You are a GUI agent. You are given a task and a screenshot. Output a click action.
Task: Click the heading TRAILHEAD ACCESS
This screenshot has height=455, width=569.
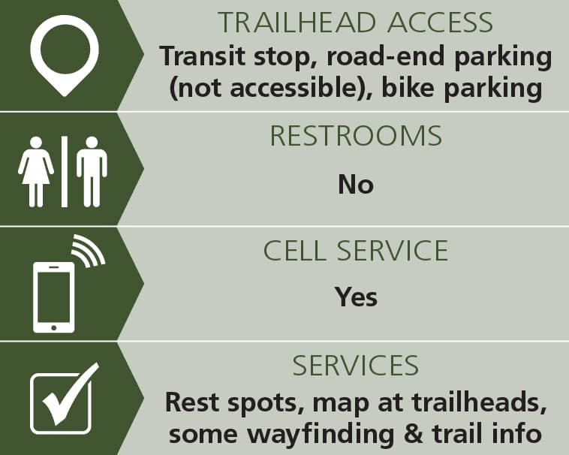click(355, 23)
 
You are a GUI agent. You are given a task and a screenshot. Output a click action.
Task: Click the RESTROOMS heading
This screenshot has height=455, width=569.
click(356, 136)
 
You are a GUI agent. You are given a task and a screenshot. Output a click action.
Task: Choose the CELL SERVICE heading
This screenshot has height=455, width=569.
click(356, 250)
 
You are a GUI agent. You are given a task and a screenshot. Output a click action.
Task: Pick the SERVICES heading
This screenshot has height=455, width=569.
click(356, 366)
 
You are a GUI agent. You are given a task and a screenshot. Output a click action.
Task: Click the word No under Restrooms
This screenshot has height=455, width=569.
click(356, 184)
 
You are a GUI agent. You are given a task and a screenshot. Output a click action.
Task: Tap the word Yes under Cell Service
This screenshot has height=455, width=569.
click(356, 297)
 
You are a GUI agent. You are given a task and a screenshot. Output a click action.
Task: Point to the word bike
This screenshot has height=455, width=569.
click(408, 88)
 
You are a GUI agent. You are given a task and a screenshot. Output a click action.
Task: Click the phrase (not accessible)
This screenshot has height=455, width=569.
click(270, 89)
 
